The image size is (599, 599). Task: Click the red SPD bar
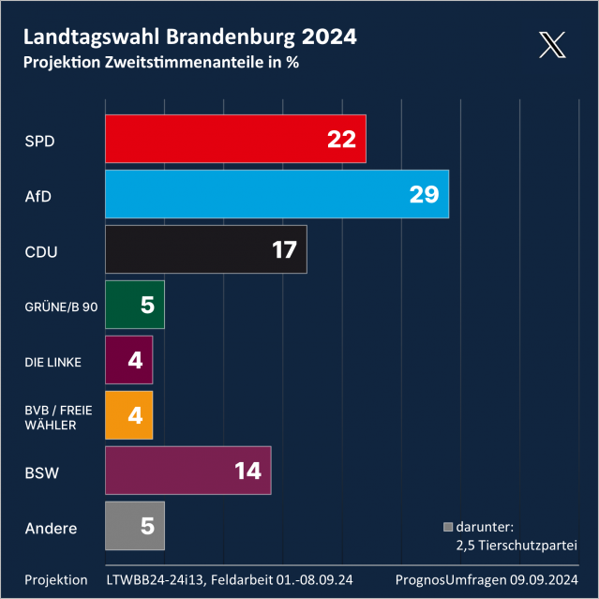point(234,139)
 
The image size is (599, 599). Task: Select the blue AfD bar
point(277,194)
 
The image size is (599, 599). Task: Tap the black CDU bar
point(205,249)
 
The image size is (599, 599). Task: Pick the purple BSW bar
point(187,471)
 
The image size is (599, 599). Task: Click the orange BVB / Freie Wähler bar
point(128,415)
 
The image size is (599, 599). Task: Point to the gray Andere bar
point(134,526)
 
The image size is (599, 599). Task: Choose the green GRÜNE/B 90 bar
point(134,305)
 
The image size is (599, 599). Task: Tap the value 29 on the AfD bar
point(424,194)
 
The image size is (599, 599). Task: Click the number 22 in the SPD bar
point(341,139)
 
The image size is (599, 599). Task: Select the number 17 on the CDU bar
point(282,249)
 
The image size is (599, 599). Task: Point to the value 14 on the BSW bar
point(247,471)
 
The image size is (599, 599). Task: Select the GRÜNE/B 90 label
point(60,306)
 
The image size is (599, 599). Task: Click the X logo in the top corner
point(553,45)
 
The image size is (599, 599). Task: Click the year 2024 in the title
point(329,37)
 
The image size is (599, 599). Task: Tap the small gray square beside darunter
point(448,527)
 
